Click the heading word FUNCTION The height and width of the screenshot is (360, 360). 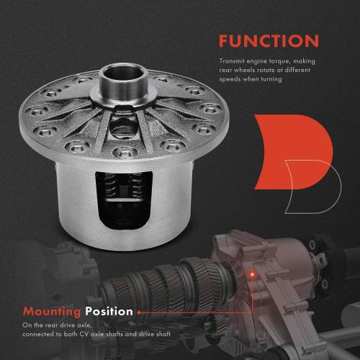[269, 40]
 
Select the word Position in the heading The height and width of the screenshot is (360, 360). [109, 312]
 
